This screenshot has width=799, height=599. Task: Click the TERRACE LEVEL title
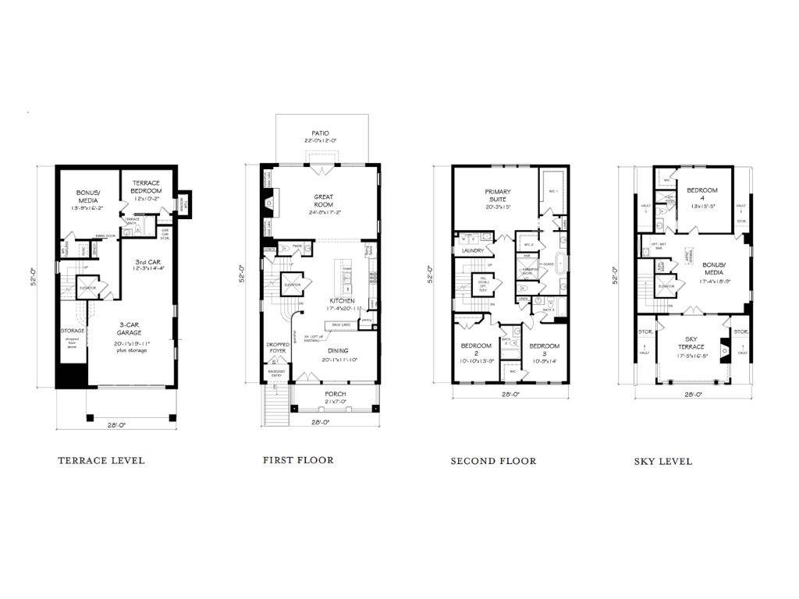point(101,460)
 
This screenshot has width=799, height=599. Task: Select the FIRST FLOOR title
point(298,460)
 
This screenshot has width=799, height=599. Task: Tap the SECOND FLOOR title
point(493,461)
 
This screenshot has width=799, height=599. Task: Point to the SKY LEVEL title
point(662,461)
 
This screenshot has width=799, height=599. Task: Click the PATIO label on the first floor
point(320,133)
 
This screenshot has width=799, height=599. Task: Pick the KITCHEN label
point(342,300)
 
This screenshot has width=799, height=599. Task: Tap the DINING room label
point(338,351)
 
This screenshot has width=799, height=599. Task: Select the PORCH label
point(336,394)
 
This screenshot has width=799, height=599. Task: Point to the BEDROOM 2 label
point(476,349)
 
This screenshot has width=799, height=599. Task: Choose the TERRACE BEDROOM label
point(146,186)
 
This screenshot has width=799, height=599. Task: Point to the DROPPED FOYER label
point(278,347)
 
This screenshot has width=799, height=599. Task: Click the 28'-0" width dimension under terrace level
point(115,425)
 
